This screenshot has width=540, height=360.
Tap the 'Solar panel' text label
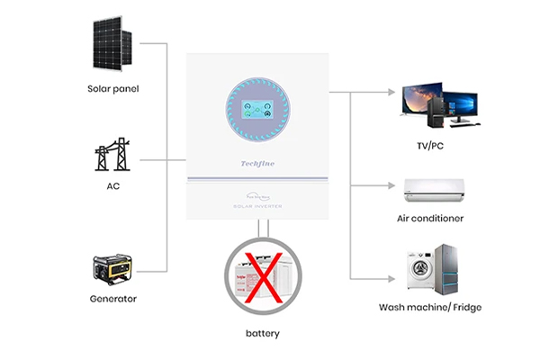(113, 88)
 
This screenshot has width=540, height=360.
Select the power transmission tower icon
(112, 154)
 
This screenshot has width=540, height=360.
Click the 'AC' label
(113, 185)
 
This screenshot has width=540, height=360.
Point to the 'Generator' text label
(113, 299)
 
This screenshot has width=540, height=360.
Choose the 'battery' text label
(263, 333)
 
